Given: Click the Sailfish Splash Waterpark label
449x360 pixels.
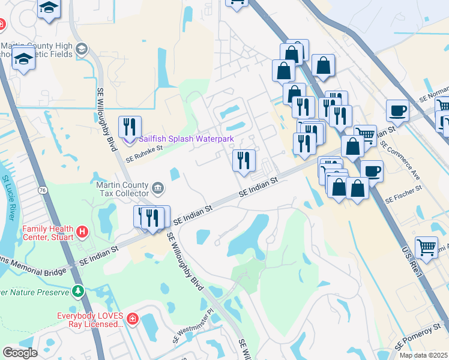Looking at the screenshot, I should (186, 139).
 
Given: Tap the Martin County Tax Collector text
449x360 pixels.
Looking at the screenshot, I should (122, 189).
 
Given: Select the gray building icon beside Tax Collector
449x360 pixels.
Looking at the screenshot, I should (157, 188).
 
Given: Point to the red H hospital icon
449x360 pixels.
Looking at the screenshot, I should (83, 230).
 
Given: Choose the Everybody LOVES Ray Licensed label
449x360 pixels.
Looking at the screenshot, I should (89, 320).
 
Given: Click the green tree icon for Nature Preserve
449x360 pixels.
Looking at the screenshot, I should (77, 292).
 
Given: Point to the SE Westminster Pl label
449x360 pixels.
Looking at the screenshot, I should (191, 326).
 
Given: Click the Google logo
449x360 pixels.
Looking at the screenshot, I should (20, 352).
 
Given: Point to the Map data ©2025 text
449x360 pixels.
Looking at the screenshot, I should (423, 355).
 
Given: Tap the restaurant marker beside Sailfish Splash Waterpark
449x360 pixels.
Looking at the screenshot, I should (130, 128).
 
